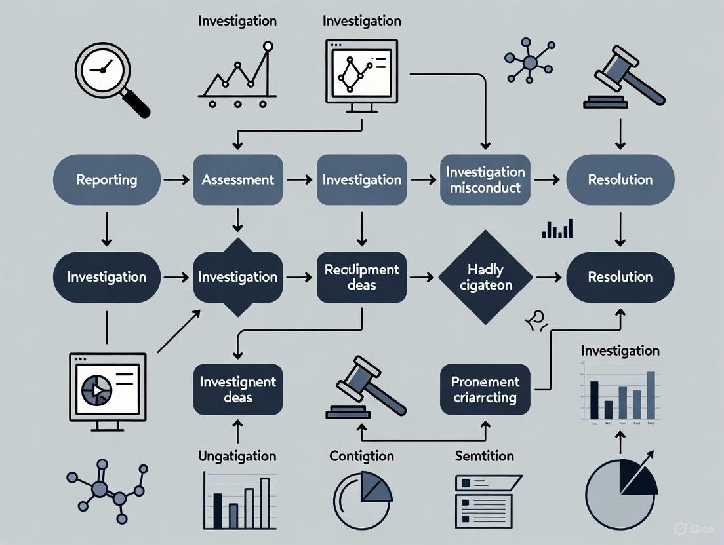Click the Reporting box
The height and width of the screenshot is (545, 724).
(106, 179)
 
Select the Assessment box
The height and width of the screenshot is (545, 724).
(237, 179)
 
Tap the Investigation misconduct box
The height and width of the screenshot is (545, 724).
(485, 179)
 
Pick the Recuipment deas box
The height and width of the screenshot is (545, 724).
(362, 276)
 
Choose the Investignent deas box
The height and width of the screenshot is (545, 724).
(237, 389)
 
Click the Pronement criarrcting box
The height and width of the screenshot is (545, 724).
(485, 389)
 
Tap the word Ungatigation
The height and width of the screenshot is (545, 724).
(237, 456)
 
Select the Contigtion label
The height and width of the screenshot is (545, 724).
(362, 456)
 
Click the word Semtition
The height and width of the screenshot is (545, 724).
(485, 456)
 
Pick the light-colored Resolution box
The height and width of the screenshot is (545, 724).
(620, 179)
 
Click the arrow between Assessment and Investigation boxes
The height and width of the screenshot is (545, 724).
(300, 179)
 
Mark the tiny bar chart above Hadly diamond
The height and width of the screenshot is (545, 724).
(557, 229)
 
